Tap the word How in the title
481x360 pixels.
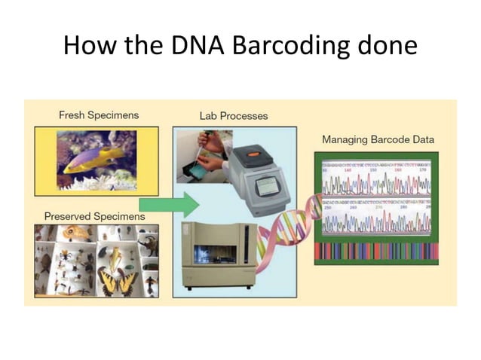86,45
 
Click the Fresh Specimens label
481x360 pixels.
99,115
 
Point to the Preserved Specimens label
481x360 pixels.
94,216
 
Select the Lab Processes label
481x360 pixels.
233,116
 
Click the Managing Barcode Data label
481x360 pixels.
378,139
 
